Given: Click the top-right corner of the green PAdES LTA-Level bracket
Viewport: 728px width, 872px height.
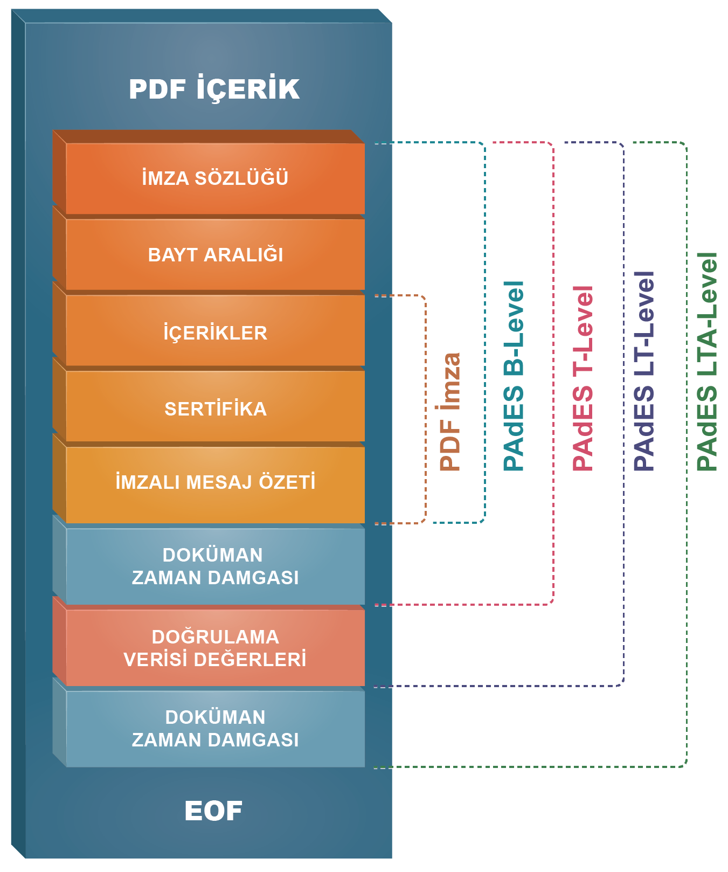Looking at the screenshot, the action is coord(686,143).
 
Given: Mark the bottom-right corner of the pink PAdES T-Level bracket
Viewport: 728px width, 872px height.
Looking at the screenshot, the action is coord(553,604).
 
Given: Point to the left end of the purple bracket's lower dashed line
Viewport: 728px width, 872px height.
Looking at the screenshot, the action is coord(374,686).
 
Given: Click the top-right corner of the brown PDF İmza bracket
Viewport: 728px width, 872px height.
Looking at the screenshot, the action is coord(426,296).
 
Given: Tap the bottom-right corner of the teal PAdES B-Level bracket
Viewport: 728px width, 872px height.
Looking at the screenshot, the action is coord(485,522).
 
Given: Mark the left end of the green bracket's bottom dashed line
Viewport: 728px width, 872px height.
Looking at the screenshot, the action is coord(374,767).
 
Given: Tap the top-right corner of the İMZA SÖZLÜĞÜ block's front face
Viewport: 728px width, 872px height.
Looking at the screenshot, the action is coord(365,143).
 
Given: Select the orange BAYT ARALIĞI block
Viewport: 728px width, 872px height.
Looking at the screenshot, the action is coord(215,254).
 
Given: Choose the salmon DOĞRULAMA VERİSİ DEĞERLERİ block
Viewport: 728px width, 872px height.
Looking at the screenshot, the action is coord(215,647).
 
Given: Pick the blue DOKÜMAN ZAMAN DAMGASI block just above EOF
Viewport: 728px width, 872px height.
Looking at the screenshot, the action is coord(215,729).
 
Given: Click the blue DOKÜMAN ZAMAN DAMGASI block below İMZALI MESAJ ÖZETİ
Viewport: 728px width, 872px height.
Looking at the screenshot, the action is coord(215,566).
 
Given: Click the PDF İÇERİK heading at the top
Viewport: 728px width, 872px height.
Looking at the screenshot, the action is coord(214,88).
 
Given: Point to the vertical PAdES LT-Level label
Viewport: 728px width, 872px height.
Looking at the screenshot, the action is coord(644,371).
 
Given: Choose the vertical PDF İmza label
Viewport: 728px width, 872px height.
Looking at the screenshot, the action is coord(450,412).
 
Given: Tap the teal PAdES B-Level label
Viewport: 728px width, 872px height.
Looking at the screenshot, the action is coord(513,376).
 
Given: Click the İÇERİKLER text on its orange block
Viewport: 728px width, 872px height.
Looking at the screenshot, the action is coord(215,332).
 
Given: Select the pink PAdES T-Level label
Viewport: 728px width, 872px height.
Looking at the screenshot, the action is coord(583,378).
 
